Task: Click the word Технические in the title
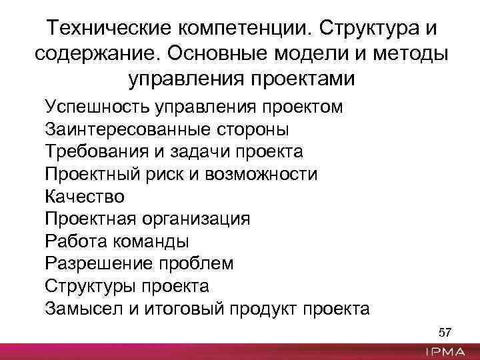coord(109,29)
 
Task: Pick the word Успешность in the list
coord(97,107)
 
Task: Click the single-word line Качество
coord(85,197)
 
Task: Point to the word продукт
coord(265,309)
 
